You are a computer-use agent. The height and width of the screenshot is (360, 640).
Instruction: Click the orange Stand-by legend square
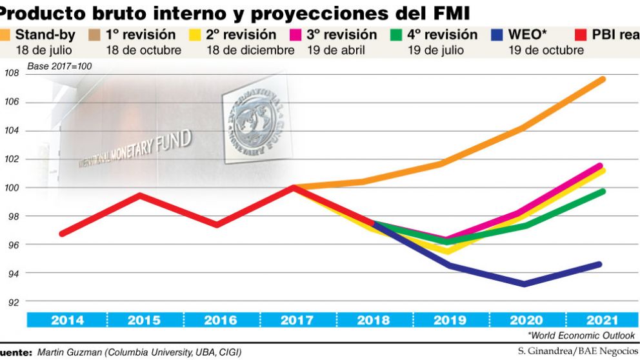(6, 35)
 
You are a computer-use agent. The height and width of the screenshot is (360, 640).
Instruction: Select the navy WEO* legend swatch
(498, 35)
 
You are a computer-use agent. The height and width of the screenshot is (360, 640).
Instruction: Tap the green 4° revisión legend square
(397, 35)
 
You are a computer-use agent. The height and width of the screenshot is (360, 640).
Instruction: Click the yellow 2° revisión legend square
(196, 35)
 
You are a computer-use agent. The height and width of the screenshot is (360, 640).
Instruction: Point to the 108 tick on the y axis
(12, 74)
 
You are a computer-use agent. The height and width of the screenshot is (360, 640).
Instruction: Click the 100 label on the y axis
(12, 188)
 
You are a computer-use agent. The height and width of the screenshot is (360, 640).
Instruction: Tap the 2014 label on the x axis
(66, 320)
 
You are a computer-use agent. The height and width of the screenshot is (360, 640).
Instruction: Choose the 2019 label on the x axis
(450, 320)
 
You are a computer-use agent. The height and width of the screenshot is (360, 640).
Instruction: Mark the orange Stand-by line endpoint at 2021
(601, 79)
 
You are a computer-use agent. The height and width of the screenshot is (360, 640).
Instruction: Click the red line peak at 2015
(139, 194)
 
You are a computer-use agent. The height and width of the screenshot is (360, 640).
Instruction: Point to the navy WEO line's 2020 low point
(524, 284)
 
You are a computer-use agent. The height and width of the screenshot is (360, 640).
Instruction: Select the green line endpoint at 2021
(602, 191)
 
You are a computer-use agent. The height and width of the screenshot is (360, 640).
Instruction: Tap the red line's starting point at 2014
(62, 234)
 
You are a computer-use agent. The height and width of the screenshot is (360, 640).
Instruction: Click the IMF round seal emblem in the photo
(255, 121)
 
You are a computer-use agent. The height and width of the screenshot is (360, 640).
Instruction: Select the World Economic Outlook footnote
(581, 335)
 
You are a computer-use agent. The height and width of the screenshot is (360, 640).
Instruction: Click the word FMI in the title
(447, 12)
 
